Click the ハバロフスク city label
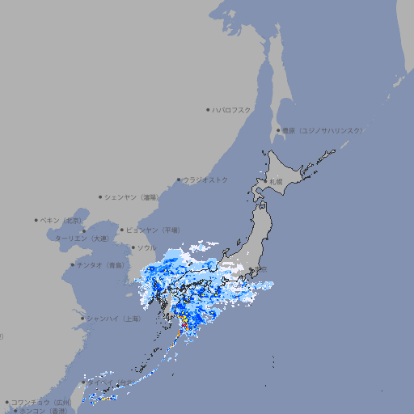click(x=232, y=109)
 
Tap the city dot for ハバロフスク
click(x=209, y=109)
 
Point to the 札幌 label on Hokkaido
click(x=277, y=182)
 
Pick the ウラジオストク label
click(x=205, y=180)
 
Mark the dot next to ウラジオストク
click(x=179, y=180)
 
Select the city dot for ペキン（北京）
click(x=36, y=220)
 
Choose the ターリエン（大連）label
click(x=82, y=239)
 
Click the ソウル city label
click(x=146, y=247)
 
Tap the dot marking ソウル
click(x=133, y=247)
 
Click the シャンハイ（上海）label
click(x=113, y=319)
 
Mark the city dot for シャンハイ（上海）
click(x=82, y=319)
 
